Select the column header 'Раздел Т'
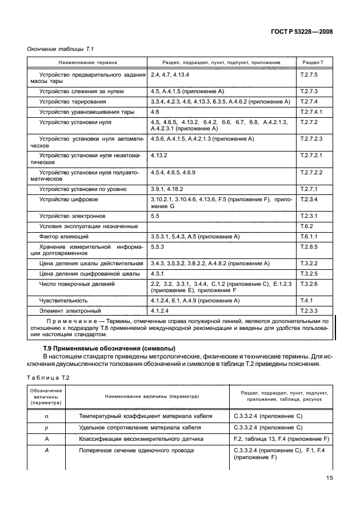click(313, 61)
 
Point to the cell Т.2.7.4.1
click(311, 111)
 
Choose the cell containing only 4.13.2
click(159, 155)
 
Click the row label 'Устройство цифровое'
click(68, 199)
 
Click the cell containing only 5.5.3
click(158, 246)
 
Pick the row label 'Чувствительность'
click(63, 300)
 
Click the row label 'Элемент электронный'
click(67, 310)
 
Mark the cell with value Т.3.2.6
click(308, 284)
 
